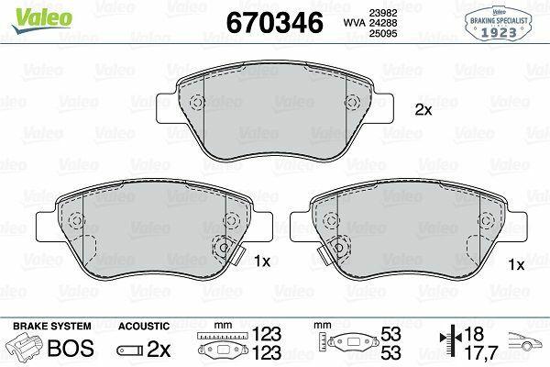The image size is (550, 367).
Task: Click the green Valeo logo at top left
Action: point(42,21)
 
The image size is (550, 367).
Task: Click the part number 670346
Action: point(275,22)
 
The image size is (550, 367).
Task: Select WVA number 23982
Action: point(383,13)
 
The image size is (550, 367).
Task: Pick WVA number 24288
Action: point(383,23)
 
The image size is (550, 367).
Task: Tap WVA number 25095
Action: point(383,33)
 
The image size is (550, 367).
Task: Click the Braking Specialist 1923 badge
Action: point(499,24)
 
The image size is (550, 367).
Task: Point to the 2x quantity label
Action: point(423,110)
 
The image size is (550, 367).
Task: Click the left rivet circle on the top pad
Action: point(197,103)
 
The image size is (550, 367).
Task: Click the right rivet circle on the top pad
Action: point(353,103)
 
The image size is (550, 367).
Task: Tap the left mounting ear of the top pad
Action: point(166,108)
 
